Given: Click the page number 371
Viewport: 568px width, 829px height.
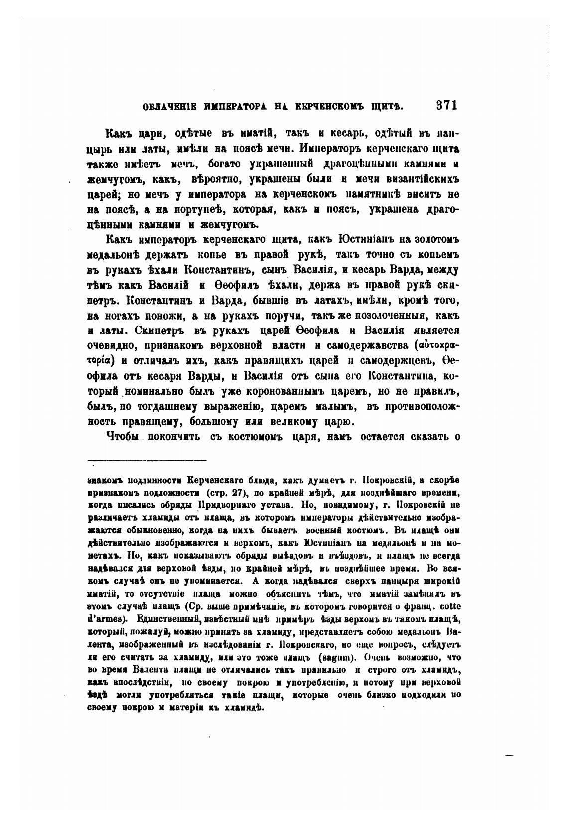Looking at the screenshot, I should click(446, 106).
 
